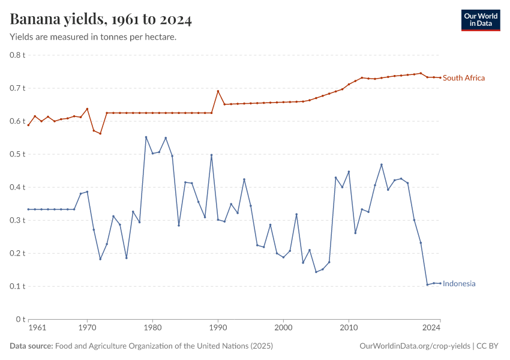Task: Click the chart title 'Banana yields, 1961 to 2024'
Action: tap(101, 20)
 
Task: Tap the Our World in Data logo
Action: tap(480, 20)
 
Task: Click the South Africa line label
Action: tap(463, 78)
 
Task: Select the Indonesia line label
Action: tap(459, 284)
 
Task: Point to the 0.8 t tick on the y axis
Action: tap(17, 55)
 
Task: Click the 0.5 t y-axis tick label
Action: tap(17, 154)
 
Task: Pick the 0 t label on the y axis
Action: tap(20, 319)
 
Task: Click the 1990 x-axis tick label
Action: tap(218, 328)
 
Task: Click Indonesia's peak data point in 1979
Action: tap(146, 137)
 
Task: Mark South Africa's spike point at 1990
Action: tap(218, 91)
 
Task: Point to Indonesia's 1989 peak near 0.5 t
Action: tap(211, 155)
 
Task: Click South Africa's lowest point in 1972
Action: tap(100, 133)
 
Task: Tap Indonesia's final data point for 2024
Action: tap(440, 283)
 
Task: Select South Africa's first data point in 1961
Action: tap(28, 125)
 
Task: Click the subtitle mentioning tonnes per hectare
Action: tap(93, 37)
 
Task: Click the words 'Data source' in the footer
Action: tap(31, 346)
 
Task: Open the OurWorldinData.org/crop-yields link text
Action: tap(415, 346)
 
